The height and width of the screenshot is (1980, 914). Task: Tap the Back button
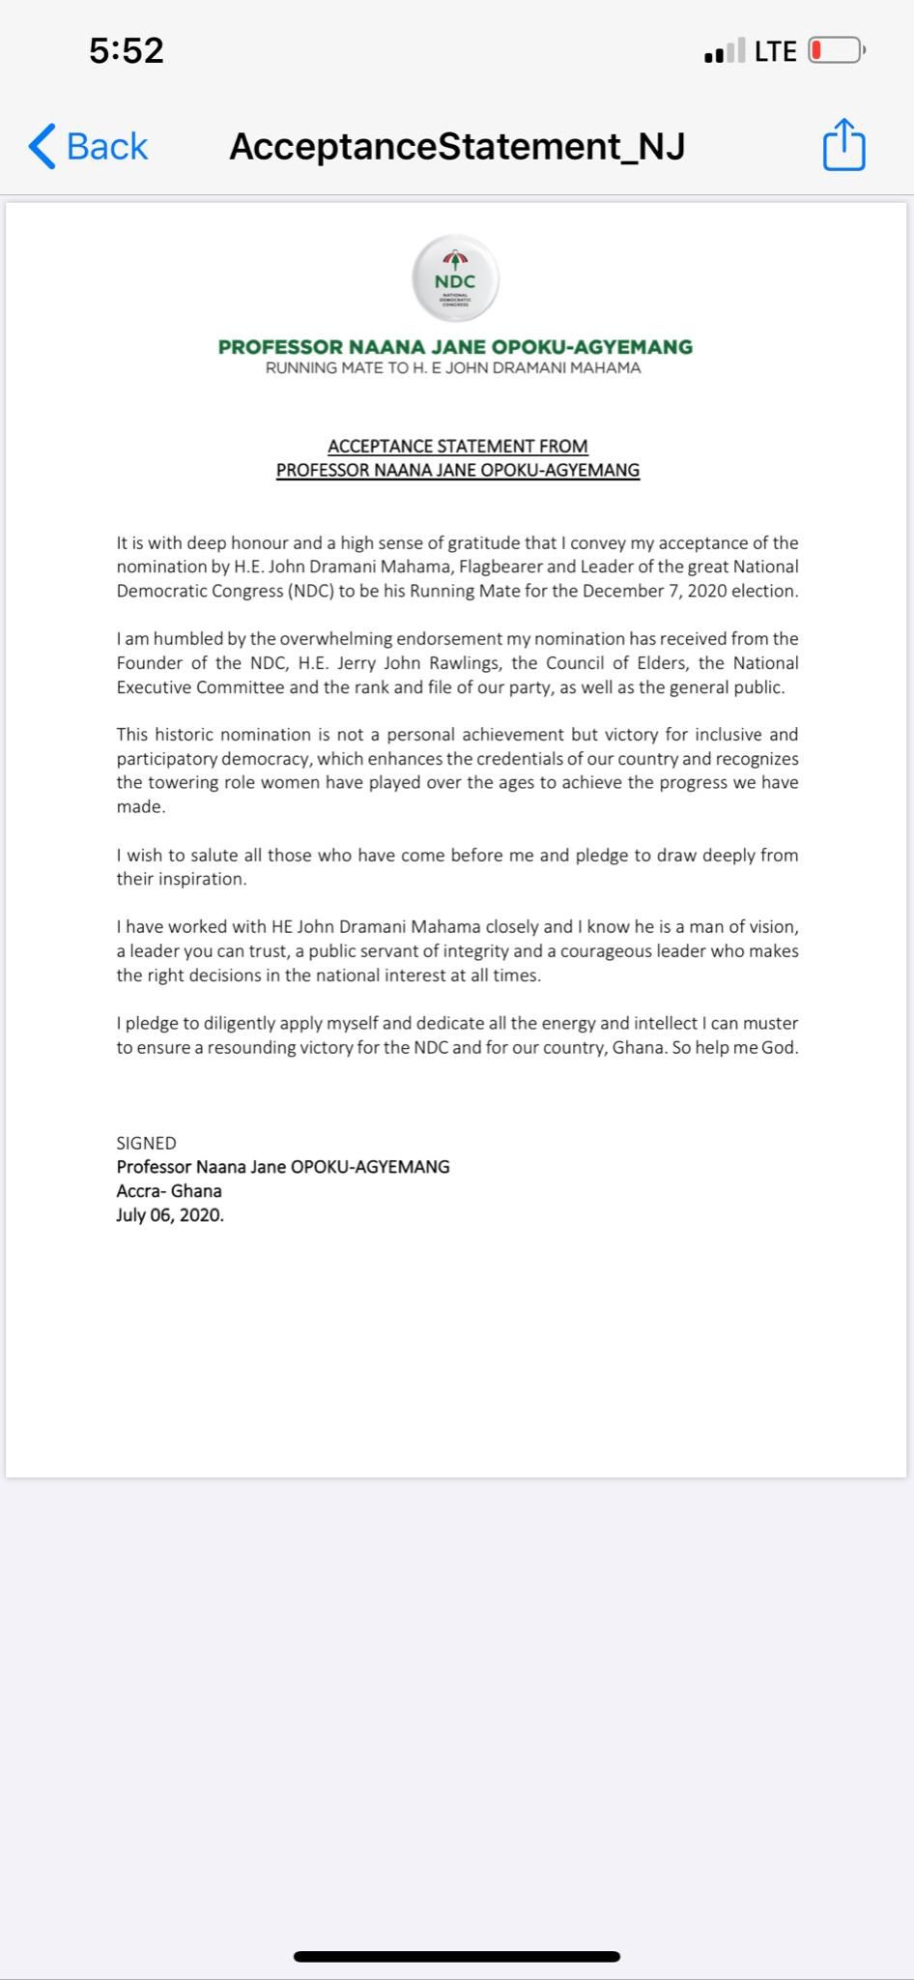(88, 147)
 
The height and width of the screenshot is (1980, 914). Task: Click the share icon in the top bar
(843, 145)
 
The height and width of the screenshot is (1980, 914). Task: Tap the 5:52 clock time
(127, 50)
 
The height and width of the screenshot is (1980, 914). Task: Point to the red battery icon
(835, 50)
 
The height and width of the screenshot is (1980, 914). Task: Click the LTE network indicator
(775, 51)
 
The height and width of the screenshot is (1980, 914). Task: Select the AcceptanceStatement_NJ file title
(457, 146)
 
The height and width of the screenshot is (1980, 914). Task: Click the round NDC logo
(455, 278)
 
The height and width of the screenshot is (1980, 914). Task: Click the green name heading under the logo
(455, 346)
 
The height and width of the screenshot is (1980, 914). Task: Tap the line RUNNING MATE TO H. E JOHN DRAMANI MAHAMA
(453, 368)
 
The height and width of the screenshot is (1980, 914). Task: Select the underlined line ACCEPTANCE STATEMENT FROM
(457, 446)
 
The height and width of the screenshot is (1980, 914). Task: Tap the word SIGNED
(146, 1143)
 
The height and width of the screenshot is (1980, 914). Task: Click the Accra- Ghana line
(169, 1191)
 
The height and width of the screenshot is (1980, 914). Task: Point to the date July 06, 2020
(170, 1215)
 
